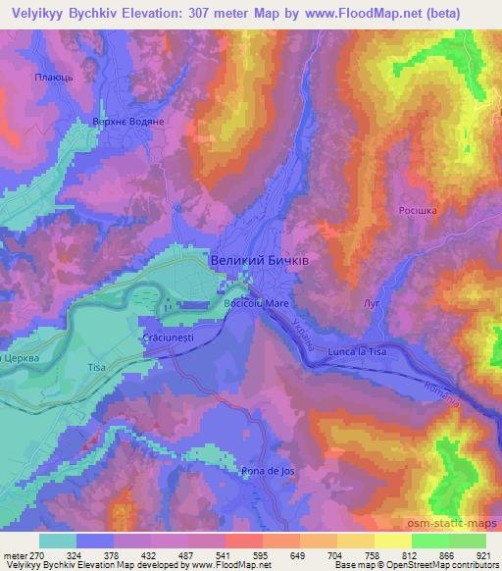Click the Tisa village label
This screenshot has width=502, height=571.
point(96,367)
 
